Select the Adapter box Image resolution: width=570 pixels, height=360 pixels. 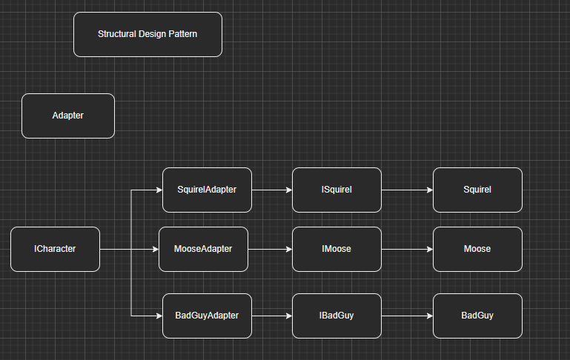68,116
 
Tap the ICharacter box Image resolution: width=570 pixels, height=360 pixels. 55,249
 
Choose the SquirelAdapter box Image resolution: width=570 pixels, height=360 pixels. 207,190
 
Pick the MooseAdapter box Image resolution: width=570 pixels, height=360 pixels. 203,249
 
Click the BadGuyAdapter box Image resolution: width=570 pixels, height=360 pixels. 207,316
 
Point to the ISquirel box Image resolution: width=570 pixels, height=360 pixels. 337,190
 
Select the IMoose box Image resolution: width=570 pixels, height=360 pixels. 337,249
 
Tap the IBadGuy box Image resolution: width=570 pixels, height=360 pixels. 337,316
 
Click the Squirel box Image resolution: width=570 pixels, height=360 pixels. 477,190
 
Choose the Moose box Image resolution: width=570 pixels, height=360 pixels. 477,249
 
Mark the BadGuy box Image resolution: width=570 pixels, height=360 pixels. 477,316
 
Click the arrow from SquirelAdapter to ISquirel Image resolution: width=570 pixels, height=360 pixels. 272,190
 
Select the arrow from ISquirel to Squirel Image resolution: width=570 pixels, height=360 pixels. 407,190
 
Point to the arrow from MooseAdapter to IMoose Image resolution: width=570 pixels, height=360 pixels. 270,249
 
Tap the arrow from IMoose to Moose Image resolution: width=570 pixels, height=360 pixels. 407,249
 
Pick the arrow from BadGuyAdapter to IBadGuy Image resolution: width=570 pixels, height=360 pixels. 272,316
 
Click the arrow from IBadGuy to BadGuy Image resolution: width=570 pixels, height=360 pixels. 407,316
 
